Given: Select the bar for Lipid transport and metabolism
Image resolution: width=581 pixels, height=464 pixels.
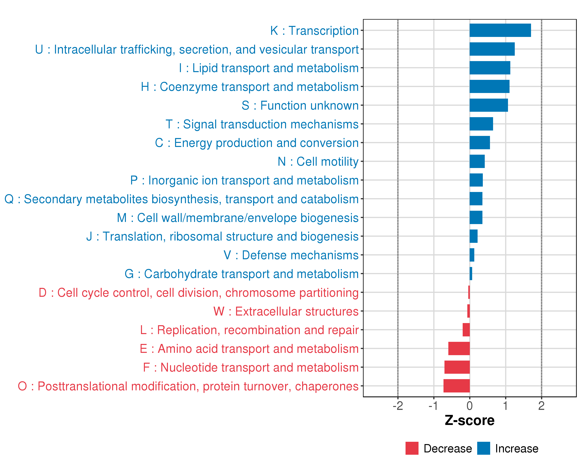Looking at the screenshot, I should (490, 68).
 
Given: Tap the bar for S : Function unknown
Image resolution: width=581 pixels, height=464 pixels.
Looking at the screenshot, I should (489, 105).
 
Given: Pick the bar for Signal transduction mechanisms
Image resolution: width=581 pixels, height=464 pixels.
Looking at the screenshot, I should (481, 124).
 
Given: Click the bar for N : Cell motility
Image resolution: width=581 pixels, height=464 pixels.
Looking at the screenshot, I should (477, 161).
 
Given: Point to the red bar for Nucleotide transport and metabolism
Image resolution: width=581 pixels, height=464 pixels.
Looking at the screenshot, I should (457, 367).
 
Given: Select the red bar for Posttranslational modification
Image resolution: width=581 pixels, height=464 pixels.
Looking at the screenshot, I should (456, 386).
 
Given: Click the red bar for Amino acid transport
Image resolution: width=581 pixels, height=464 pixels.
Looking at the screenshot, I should (459, 349).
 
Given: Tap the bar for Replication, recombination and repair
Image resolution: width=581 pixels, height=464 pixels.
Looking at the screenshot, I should (466, 330).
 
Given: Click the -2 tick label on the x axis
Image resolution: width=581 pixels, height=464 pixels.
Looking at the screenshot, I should (398, 406).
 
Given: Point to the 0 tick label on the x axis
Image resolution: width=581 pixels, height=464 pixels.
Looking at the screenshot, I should (469, 406).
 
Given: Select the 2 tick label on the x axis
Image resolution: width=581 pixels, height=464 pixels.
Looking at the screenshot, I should (541, 406).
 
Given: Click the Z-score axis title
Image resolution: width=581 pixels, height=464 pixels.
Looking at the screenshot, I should (469, 420).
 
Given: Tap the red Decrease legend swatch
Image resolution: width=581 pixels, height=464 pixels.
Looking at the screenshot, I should (412, 448).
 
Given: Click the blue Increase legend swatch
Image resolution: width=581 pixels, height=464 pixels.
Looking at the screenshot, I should (483, 448).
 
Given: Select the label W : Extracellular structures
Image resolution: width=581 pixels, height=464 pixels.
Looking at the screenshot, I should (286, 311).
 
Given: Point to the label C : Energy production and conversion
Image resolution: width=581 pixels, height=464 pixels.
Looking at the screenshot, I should (257, 143).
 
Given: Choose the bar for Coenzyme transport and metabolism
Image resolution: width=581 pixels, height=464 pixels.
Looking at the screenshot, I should (489, 87).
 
